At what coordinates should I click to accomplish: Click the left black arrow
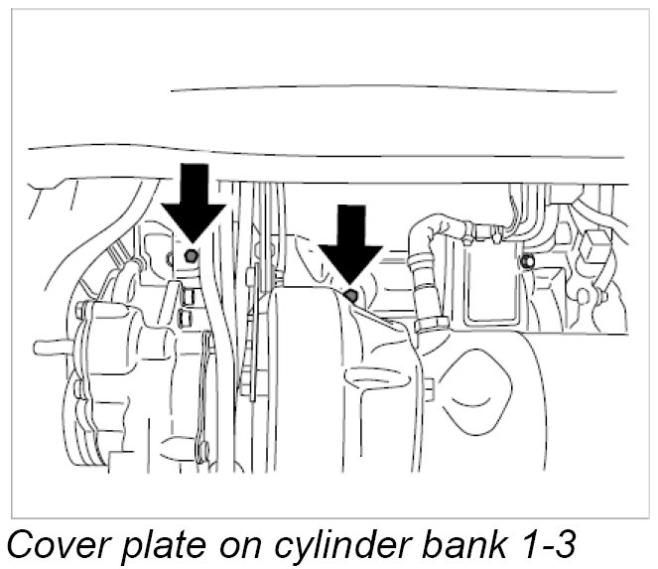click(194, 204)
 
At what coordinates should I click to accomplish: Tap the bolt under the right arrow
click(349, 295)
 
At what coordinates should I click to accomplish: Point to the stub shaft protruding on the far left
click(48, 349)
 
